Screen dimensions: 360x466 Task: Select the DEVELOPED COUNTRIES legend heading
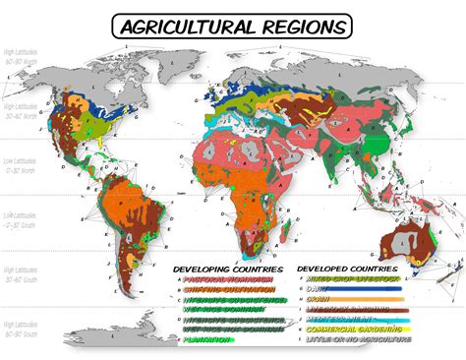350,268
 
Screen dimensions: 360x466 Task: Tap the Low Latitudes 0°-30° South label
22,217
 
